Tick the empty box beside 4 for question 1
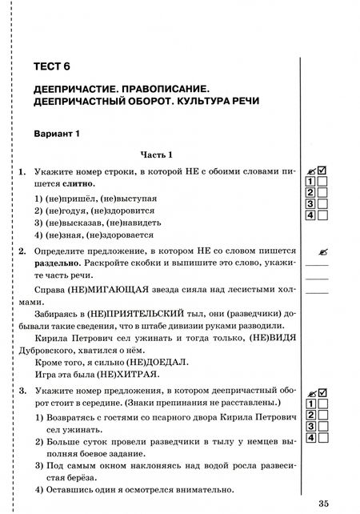tap(323, 215)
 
